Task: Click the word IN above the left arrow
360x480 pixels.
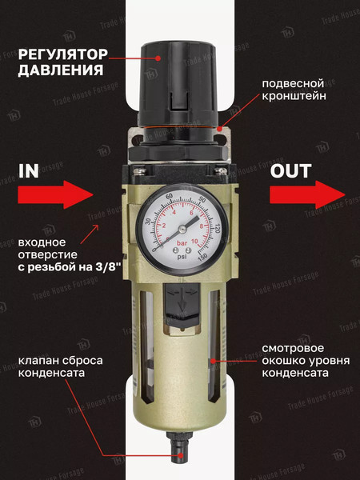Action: click(28, 170)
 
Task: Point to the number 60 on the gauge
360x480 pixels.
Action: click(170, 197)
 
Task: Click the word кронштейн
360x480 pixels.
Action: click(295, 98)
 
